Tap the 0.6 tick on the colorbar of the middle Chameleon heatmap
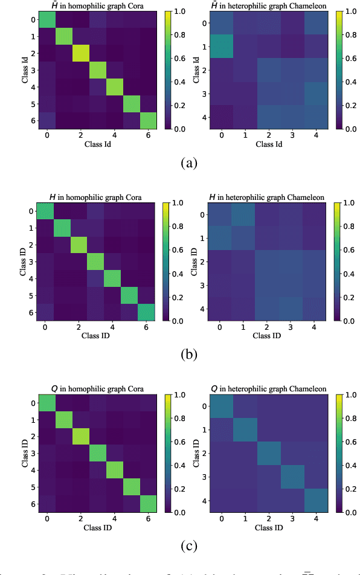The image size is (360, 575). [349, 249]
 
